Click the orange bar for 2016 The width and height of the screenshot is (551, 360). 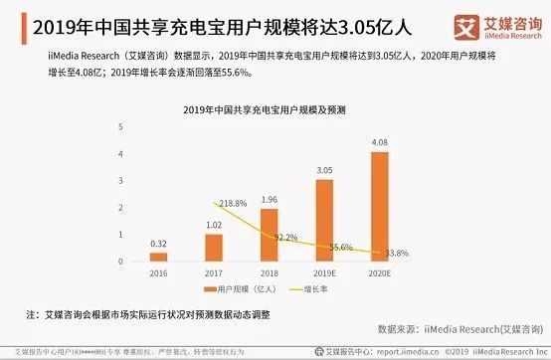pos(158,257)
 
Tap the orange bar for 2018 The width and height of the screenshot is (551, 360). pos(269,235)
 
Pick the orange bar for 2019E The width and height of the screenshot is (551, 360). pos(324,221)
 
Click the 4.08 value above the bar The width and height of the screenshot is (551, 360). pos(380,143)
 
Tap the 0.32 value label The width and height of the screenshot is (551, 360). pos(158,244)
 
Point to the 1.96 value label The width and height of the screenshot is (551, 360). pos(269,199)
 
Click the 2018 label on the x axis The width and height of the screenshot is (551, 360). pos(269,272)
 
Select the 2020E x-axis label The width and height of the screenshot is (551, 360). pos(380,272)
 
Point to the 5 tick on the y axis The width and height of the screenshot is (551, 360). pos(120,126)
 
